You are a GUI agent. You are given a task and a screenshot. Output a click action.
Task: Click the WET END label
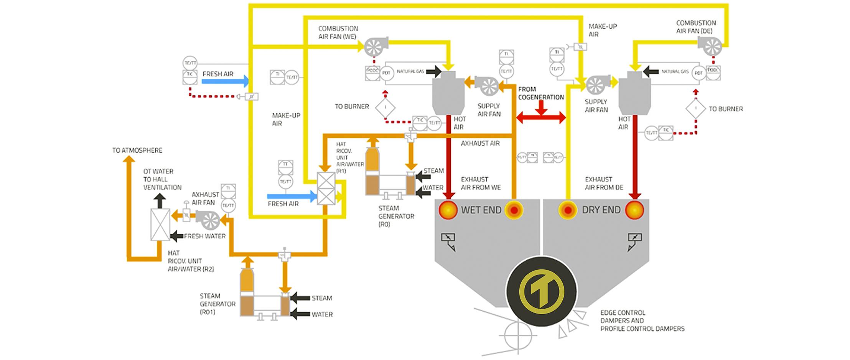pos(481,210)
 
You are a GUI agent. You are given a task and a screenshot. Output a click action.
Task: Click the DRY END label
pos(601,210)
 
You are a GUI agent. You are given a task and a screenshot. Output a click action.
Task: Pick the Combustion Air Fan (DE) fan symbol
pos(711,46)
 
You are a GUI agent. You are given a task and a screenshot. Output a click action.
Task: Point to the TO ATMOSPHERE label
pos(137,150)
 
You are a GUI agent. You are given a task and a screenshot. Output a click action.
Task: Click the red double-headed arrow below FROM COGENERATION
pos(541,117)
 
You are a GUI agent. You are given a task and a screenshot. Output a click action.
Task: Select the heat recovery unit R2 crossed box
pos(160,224)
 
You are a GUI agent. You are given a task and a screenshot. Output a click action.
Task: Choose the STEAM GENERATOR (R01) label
pos(217,304)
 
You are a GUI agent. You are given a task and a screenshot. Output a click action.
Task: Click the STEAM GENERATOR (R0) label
pos(396,216)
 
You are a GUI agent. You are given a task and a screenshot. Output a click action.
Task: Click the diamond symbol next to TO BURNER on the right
pos(695,109)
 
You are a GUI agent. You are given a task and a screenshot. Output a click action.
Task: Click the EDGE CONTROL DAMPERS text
pos(642,320)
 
